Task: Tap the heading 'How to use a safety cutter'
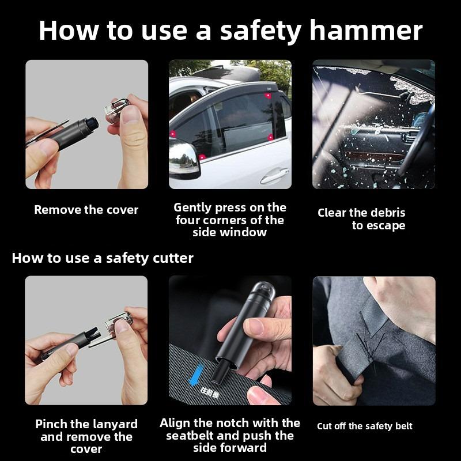(103, 258)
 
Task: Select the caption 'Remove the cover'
(86, 210)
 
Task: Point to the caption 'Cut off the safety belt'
(364, 426)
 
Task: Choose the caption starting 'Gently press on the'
(230, 220)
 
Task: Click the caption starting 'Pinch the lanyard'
(86, 436)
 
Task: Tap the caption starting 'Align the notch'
(230, 435)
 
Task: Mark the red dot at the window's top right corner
(269, 96)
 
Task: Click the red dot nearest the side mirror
(202, 157)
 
